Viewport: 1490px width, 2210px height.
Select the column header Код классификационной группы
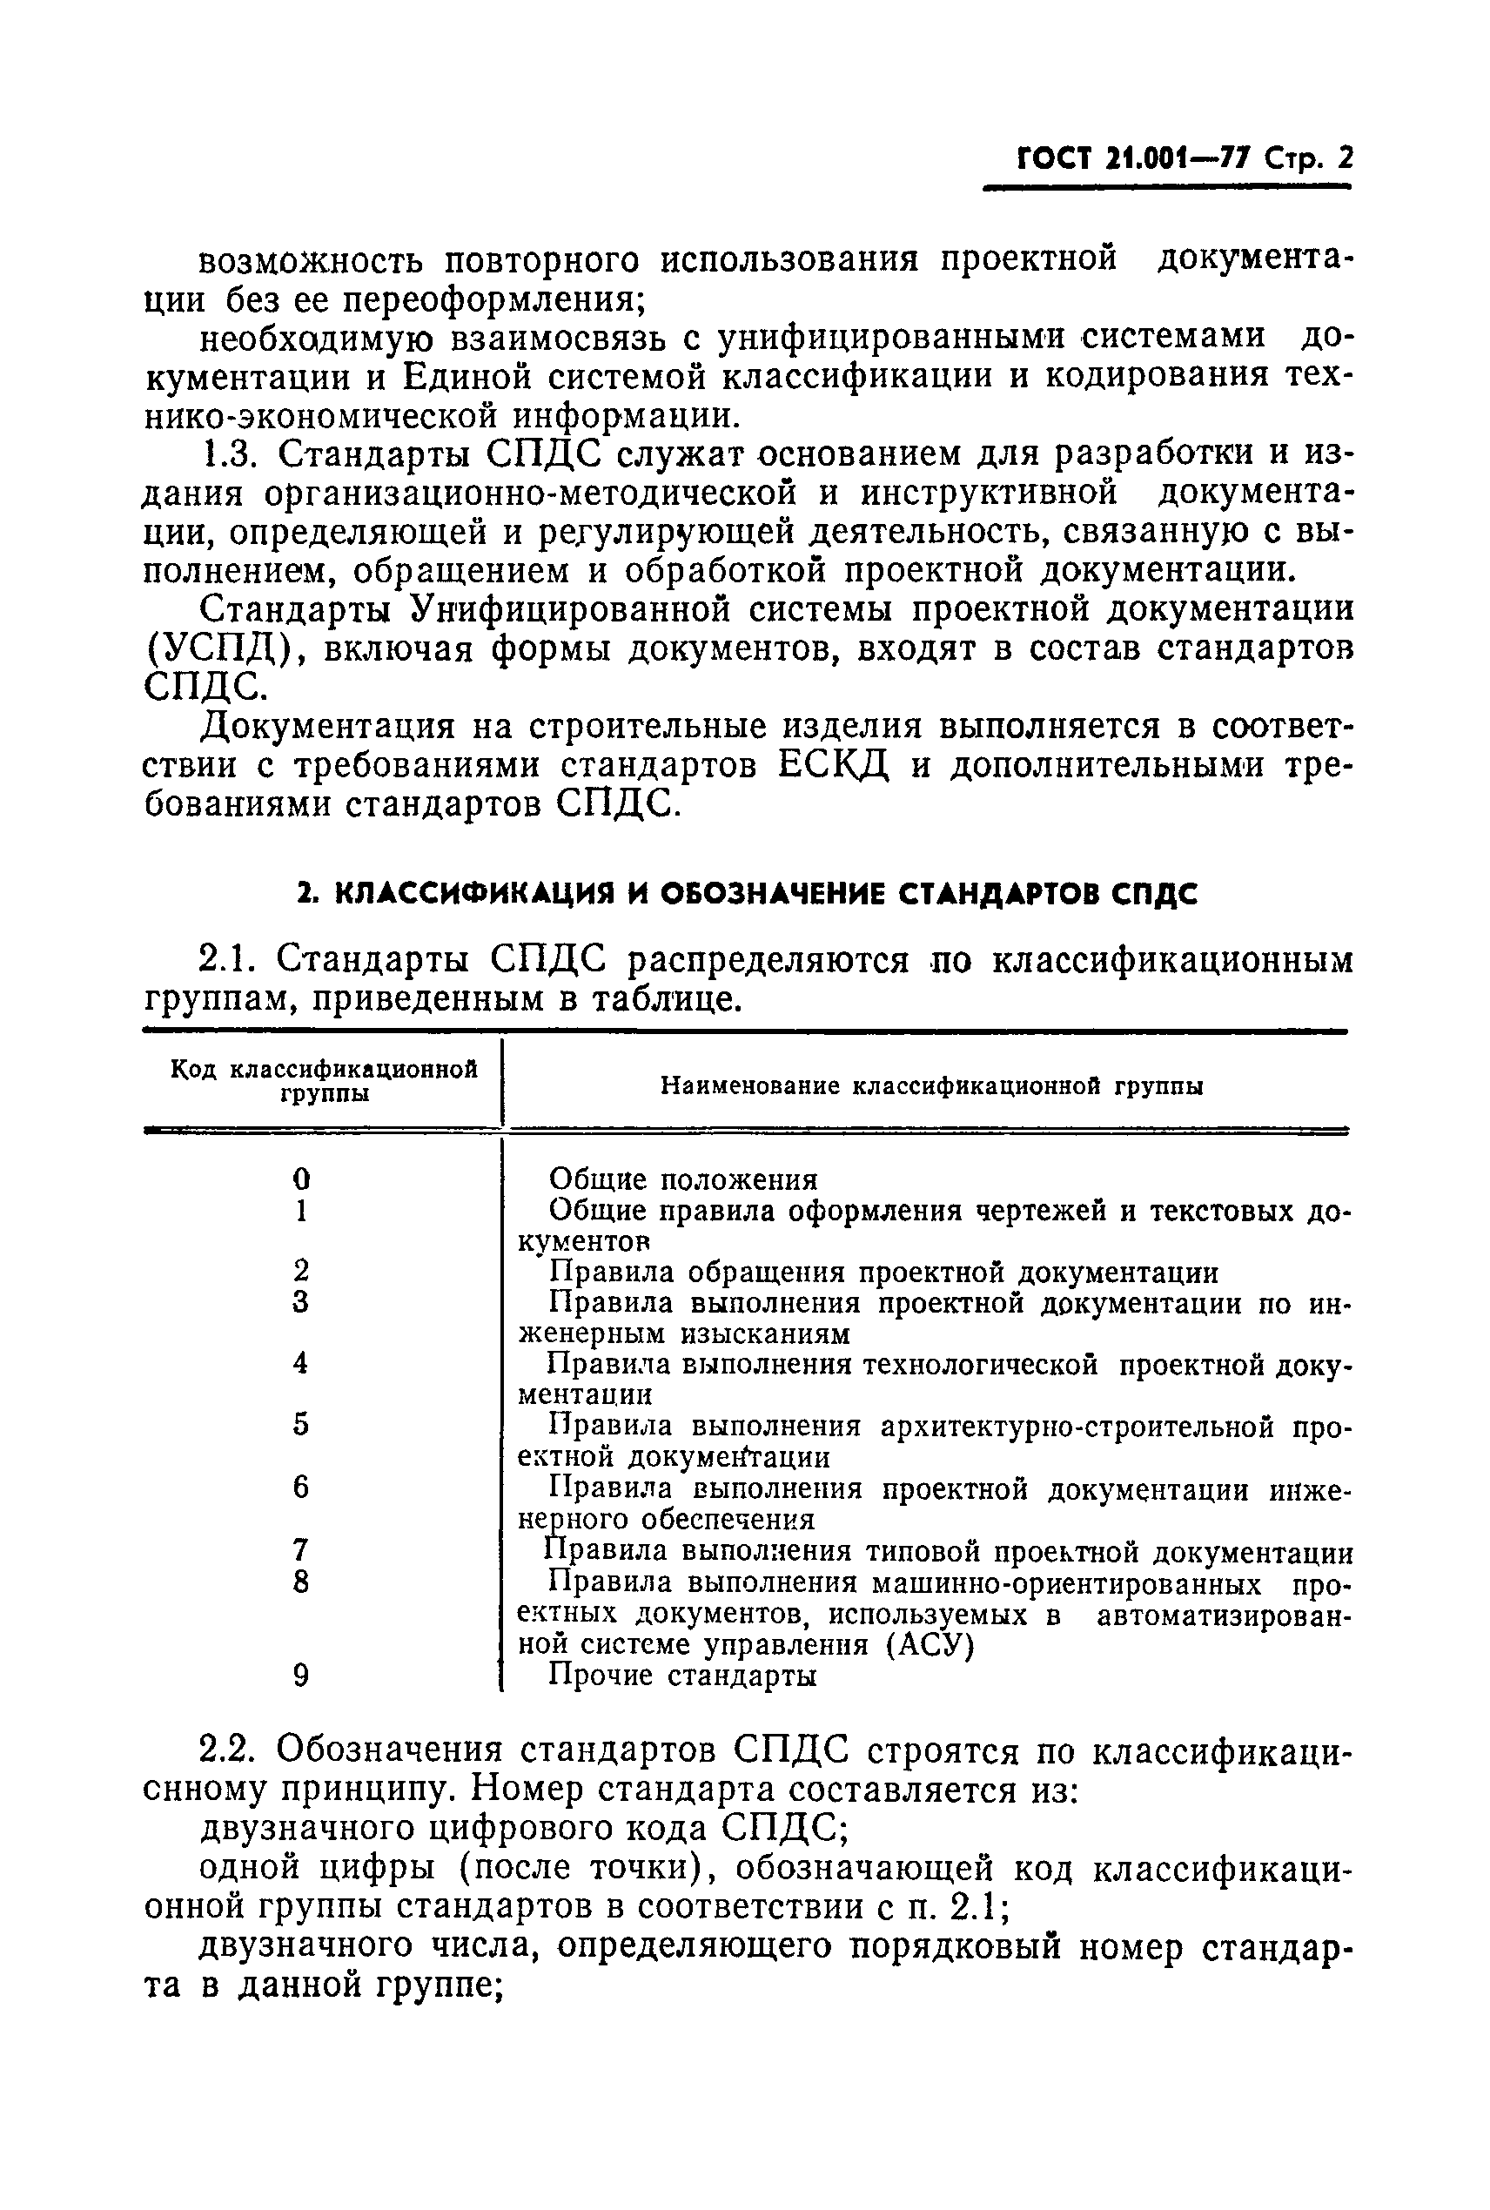click(323, 1081)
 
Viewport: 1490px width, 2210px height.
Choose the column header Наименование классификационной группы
click(931, 1085)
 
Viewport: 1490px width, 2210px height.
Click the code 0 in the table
click(301, 1179)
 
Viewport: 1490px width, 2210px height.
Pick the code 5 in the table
click(301, 1424)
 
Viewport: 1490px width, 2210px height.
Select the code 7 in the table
click(301, 1549)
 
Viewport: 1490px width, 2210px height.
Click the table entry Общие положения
click(683, 1179)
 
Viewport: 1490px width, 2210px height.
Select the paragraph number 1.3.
click(229, 455)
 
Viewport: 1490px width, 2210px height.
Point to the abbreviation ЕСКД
click(834, 767)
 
